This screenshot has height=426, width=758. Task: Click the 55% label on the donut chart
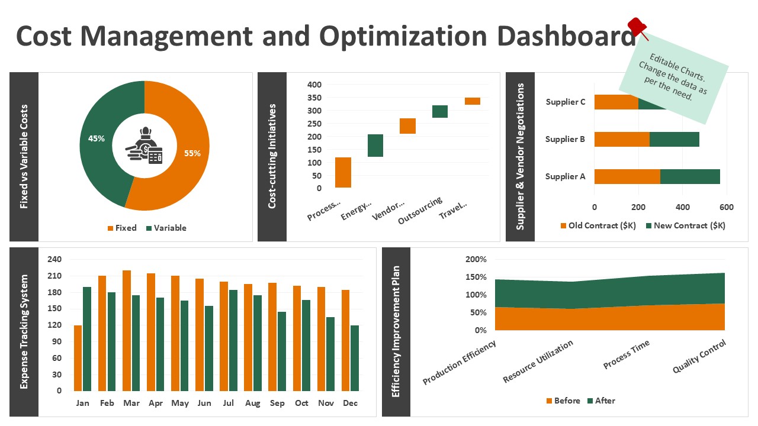[192, 153]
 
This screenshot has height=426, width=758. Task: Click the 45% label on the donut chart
[97, 139]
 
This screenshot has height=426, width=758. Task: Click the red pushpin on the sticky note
[638, 27]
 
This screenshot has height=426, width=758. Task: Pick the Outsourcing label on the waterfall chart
[420, 211]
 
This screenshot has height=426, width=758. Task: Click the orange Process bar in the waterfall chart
[343, 172]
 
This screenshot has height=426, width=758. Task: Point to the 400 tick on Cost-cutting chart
[314, 85]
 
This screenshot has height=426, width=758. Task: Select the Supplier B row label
[565, 140]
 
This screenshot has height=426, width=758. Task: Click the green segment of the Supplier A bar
[690, 176]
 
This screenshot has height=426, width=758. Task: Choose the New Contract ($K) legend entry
[685, 225]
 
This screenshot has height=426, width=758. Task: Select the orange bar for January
[78, 358]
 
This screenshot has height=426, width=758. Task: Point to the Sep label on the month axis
[277, 404]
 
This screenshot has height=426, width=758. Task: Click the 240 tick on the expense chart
[54, 259]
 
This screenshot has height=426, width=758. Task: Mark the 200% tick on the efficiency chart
[476, 259]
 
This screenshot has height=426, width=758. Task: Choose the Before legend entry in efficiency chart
[563, 401]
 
